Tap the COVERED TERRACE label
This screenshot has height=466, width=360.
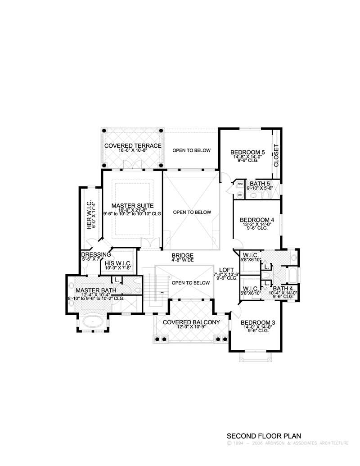point(132,146)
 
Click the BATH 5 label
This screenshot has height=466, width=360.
point(260,183)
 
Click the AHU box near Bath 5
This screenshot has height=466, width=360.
point(240,184)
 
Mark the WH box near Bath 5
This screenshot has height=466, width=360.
point(240,195)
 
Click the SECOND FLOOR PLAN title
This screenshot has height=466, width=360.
point(263,436)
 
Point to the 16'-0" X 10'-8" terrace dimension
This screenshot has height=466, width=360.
point(132,151)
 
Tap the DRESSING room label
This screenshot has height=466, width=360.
point(96,254)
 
